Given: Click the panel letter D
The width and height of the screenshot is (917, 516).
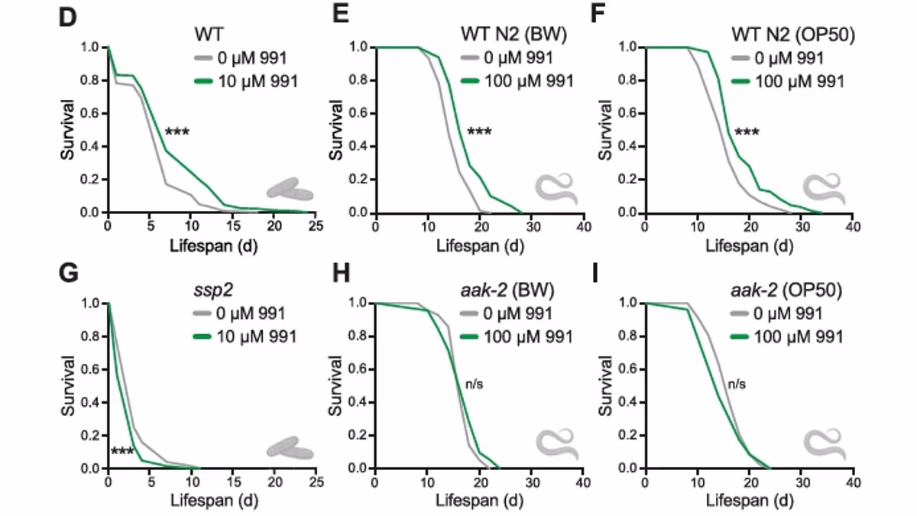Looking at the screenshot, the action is (67, 17).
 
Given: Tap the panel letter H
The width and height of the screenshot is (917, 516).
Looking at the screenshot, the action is (341, 273).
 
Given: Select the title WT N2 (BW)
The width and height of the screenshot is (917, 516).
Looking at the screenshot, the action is (514, 34).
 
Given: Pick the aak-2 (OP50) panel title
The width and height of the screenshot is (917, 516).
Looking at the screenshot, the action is (786, 290).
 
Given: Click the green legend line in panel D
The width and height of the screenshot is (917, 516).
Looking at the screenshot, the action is (203, 81).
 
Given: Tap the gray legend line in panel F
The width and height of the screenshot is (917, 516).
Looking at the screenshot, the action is (740, 58).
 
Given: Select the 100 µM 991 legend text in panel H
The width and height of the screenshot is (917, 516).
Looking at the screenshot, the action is (528, 337).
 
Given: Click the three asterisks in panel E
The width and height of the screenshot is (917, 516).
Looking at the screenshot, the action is (479, 131).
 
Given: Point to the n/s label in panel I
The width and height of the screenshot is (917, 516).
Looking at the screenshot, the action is (737, 384).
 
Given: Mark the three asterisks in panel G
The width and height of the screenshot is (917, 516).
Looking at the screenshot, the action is (122, 451).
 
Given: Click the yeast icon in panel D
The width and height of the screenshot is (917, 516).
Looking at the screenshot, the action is (290, 190).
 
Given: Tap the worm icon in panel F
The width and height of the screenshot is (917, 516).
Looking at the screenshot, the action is (824, 189).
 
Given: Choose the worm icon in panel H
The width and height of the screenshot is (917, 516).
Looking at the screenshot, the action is (557, 444).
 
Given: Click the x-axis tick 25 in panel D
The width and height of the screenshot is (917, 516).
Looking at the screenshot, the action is (316, 226).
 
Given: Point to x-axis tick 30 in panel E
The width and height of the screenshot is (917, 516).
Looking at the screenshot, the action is (533, 226).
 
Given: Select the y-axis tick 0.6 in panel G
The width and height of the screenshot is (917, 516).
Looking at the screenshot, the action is (89, 369).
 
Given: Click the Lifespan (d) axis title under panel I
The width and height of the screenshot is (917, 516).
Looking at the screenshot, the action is (750, 501).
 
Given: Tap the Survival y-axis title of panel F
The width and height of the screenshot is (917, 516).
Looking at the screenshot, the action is (605, 129).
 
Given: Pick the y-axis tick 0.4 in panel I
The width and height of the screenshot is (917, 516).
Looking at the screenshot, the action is (627, 402).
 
